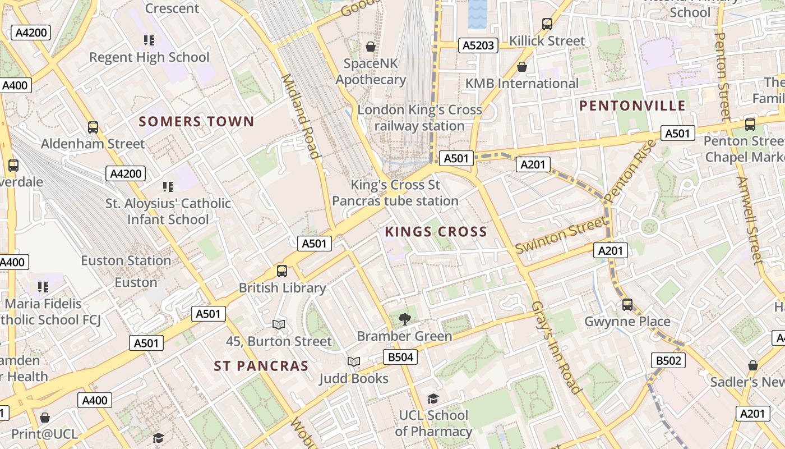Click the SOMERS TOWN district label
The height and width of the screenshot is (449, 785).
(x=196, y=121)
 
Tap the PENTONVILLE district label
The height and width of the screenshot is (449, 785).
(x=632, y=106)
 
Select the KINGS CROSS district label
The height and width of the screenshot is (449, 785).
(x=436, y=232)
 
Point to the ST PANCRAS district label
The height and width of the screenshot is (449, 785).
(x=261, y=366)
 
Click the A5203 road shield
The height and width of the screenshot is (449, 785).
(x=478, y=45)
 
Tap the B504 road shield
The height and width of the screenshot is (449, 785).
(x=400, y=357)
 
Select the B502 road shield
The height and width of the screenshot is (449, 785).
(x=668, y=360)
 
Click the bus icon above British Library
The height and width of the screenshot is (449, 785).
(x=282, y=271)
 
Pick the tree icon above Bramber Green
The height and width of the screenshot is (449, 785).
(x=404, y=319)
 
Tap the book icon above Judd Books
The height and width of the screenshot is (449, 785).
(x=353, y=362)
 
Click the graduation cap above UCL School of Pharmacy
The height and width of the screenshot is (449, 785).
(x=433, y=398)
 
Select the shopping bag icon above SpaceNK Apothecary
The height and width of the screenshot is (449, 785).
(x=370, y=46)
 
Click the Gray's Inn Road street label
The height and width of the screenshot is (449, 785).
(x=555, y=348)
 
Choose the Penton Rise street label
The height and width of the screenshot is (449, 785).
(x=630, y=171)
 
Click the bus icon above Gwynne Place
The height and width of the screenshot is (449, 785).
(x=627, y=305)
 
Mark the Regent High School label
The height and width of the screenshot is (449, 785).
(x=149, y=57)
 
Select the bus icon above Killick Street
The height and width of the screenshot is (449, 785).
(x=547, y=24)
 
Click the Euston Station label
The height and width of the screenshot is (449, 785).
(x=126, y=260)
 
